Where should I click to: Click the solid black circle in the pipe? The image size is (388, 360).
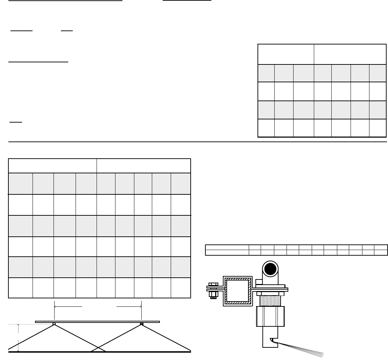(270, 269)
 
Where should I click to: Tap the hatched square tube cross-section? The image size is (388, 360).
(238, 291)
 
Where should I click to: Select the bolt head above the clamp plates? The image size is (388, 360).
(213, 284)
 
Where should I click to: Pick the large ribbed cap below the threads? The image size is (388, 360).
(270, 316)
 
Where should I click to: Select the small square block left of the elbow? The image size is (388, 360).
(259, 282)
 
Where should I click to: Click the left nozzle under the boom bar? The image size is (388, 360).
(54, 324)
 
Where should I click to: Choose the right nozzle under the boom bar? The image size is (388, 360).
(141, 324)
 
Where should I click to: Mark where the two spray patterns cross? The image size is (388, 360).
(98, 347)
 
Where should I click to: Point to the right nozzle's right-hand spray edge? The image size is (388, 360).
(168, 338)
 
